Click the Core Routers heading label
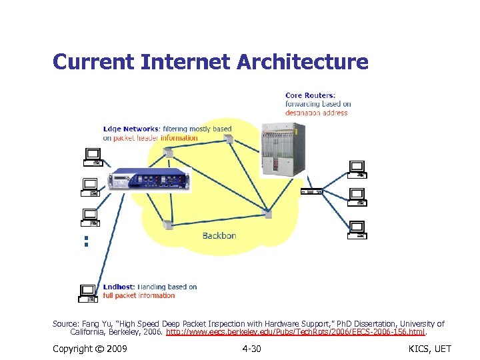311,95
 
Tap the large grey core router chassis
281,150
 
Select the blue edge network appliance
149,179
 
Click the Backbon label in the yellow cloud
219,235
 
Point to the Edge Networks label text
131,129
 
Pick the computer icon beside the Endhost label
89,291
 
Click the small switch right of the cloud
311,191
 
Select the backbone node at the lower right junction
268,213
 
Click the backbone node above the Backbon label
169,225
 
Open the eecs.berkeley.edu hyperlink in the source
295,331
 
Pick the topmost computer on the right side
358,169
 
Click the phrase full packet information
139,295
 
